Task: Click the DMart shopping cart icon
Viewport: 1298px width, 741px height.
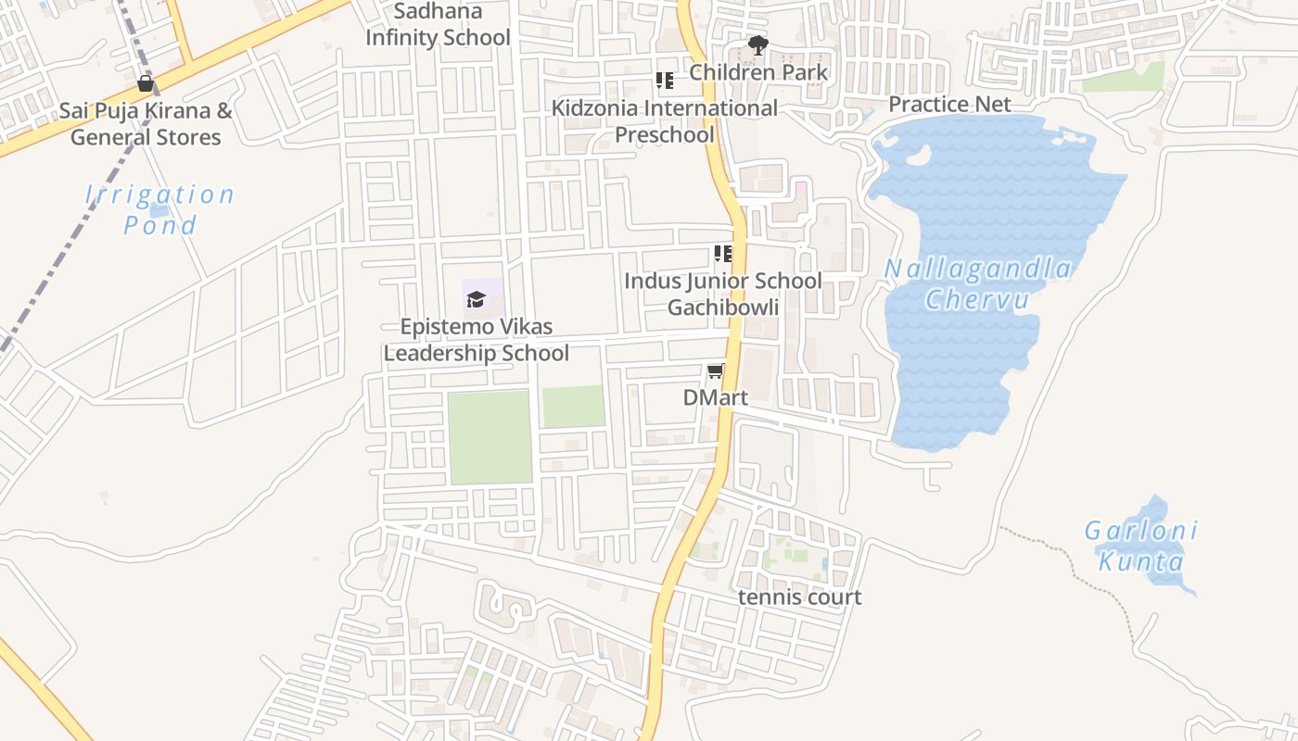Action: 715,371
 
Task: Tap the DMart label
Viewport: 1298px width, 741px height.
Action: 715,397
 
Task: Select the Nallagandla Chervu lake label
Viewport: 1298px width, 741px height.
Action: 977,284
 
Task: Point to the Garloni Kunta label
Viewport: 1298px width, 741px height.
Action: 1141,546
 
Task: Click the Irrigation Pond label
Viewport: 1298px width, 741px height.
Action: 159,209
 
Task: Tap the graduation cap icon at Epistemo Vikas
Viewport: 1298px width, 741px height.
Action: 476,299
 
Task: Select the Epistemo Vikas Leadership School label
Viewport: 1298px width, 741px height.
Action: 476,340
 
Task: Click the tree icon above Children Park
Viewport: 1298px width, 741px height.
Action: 757,44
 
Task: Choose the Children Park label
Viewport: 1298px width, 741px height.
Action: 757,72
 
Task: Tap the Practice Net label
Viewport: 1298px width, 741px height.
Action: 949,104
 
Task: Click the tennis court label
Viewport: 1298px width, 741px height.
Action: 799,597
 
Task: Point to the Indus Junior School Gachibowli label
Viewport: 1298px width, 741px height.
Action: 722,294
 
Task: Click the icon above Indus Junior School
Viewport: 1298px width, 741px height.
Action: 722,254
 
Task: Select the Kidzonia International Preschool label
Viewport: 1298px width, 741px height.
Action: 665,121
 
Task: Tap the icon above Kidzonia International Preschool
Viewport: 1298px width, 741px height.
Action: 664,81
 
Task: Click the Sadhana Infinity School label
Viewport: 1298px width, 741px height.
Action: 438,25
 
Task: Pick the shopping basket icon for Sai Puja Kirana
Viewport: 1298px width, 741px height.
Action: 146,83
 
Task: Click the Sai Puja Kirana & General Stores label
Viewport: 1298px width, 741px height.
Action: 146,124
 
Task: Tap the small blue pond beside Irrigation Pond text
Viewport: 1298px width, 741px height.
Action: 159,211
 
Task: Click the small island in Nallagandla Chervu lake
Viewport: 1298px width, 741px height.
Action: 918,156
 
